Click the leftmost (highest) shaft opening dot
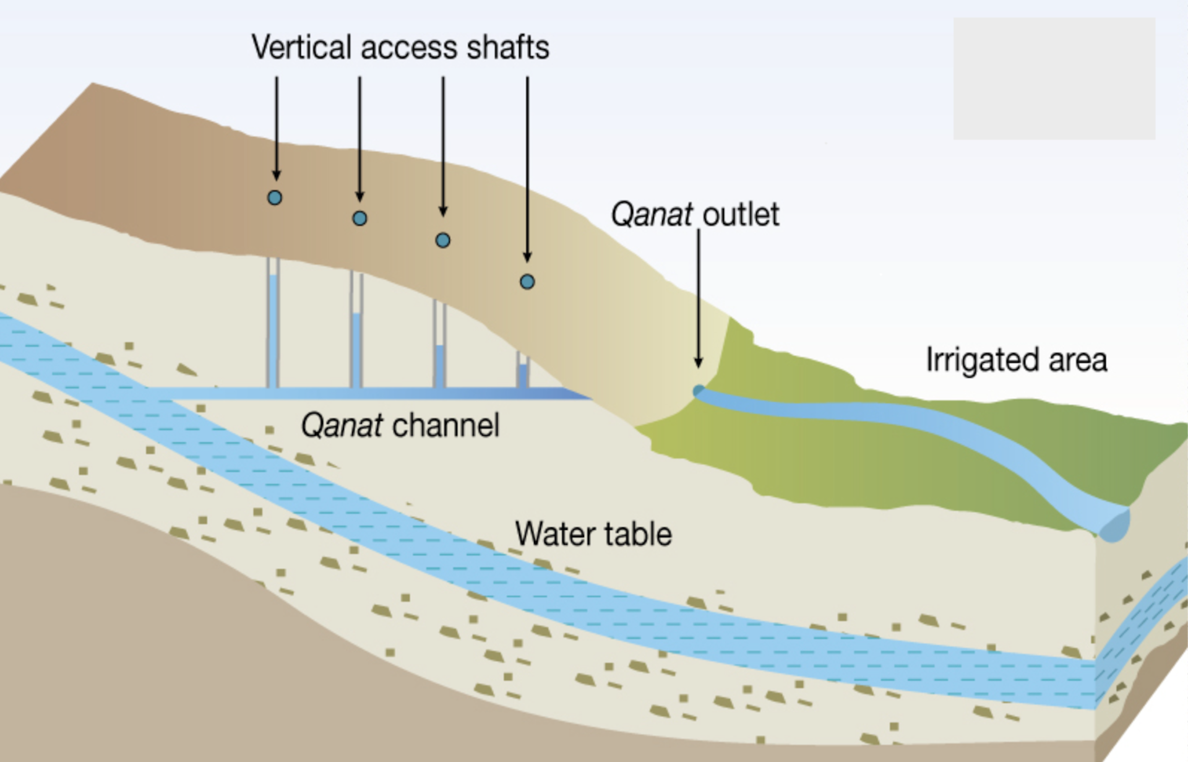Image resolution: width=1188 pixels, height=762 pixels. click(x=275, y=197)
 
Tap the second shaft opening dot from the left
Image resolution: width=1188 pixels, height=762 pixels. click(x=359, y=219)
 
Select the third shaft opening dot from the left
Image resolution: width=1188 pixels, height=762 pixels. click(x=442, y=240)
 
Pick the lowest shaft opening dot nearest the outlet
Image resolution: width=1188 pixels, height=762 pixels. click(x=527, y=282)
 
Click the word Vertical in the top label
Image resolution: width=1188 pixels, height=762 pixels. click(x=301, y=48)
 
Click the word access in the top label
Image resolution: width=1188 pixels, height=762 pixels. click(x=410, y=48)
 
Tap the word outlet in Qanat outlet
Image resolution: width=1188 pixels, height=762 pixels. click(x=741, y=215)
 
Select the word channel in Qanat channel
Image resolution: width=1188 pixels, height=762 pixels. click(x=445, y=425)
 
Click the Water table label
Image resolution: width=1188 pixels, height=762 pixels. click(x=593, y=534)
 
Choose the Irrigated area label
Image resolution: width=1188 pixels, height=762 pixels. click(x=1017, y=360)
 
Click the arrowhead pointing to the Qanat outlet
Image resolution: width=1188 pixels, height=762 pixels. click(x=699, y=363)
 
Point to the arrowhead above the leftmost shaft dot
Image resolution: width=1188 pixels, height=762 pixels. click(x=277, y=175)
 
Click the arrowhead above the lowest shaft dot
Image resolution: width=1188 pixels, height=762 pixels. click(x=527, y=258)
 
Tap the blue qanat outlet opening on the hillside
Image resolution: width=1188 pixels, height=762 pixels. click(x=699, y=391)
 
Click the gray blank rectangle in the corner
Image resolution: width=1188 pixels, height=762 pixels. click(x=1054, y=78)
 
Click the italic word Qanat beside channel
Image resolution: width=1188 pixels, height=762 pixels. click(x=342, y=425)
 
